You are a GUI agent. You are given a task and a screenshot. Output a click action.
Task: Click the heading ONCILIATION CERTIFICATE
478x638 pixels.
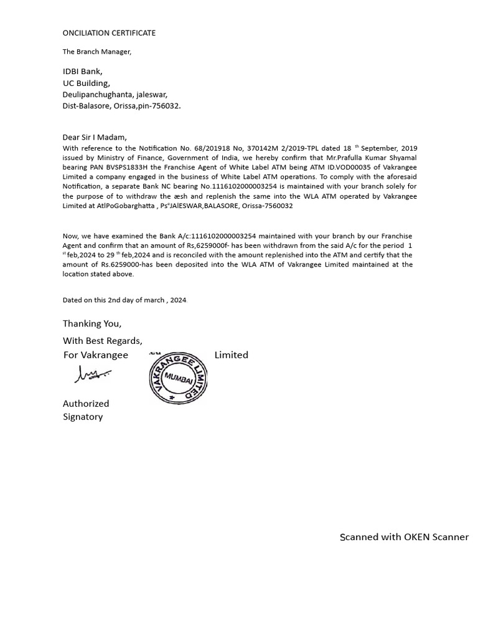(x=109, y=32)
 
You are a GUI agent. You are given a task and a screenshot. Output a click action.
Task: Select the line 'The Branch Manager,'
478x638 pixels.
(x=96, y=52)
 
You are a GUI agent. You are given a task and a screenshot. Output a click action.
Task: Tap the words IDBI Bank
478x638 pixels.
(x=82, y=72)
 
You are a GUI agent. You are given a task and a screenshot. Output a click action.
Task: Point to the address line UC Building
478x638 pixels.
(x=86, y=83)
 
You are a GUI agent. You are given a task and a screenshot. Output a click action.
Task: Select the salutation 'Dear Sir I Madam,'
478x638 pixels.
(x=95, y=137)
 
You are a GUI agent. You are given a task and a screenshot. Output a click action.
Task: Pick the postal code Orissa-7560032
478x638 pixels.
(x=266, y=206)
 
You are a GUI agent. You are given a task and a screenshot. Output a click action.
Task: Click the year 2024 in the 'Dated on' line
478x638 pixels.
(x=178, y=300)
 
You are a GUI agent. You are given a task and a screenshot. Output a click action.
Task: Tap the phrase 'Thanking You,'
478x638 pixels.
(x=92, y=323)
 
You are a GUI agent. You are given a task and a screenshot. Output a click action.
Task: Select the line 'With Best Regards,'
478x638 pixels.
(x=102, y=341)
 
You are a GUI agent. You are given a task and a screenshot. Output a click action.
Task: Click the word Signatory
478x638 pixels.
(x=83, y=417)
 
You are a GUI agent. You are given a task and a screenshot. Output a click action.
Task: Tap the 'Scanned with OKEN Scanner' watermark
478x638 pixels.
(x=404, y=537)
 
